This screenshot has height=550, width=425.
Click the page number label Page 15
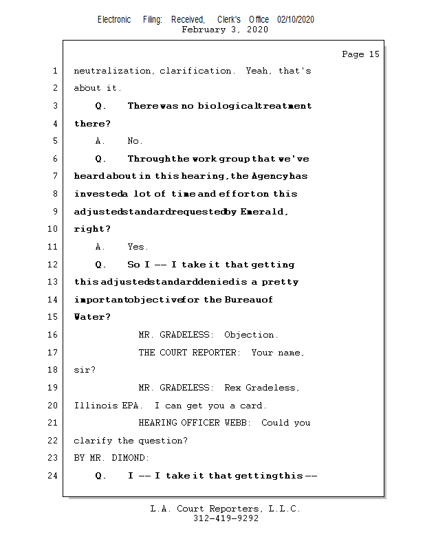[360, 54]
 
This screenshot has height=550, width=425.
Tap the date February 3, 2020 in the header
[225, 30]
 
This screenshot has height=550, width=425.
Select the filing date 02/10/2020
[295, 19]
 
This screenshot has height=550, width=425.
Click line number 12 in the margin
[54, 265]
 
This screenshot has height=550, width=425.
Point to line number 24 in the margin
[54, 475]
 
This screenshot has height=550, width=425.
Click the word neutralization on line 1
[113, 71]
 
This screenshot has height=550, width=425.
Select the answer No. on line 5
[135, 141]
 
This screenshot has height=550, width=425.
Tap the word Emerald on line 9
[264, 212]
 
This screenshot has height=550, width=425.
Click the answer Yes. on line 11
[138, 247]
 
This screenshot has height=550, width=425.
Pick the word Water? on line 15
[91, 317]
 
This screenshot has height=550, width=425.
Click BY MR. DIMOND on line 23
[111, 458]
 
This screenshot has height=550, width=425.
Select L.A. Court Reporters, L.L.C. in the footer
[225, 509]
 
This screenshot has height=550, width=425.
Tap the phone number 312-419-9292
[226, 518]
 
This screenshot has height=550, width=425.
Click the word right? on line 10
[91, 229]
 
